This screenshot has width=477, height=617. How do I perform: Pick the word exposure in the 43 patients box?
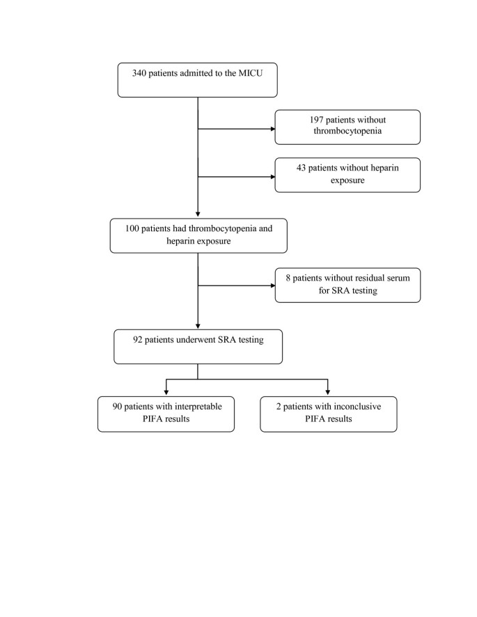point(347,180)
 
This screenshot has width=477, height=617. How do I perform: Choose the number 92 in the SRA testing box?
point(139,341)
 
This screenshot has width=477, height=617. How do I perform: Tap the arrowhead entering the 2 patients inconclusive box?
point(328,392)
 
